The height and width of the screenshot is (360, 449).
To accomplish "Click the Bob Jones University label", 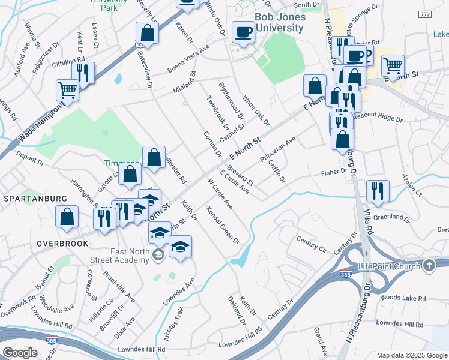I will [x=280, y=22].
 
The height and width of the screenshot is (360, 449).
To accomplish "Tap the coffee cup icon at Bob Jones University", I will [x=243, y=32].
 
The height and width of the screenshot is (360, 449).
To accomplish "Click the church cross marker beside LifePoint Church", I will [x=429, y=265].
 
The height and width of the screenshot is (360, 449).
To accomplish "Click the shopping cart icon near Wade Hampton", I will [x=67, y=91].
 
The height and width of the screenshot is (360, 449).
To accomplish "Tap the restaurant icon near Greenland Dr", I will [x=378, y=191].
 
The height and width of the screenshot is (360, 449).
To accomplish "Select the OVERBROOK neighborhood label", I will [x=62, y=244].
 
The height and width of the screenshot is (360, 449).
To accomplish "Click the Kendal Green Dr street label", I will [x=223, y=226].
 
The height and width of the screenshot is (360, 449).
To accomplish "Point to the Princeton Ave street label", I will [x=278, y=149].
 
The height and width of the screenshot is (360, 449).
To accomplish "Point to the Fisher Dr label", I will [x=334, y=172].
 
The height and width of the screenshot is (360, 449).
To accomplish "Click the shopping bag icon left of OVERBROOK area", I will [x=67, y=217].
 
